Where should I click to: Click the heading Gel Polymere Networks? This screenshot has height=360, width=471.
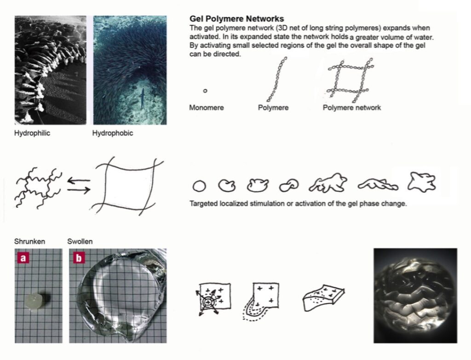click(x=237, y=19)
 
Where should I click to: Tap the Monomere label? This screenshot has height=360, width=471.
click(x=207, y=108)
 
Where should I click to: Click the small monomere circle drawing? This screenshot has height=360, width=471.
click(x=205, y=91)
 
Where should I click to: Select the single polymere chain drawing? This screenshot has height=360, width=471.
click(x=276, y=79)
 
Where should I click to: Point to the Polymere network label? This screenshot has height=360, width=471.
click(x=352, y=108)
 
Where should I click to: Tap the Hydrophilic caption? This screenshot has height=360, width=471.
click(x=32, y=133)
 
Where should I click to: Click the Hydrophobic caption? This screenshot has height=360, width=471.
click(x=113, y=133)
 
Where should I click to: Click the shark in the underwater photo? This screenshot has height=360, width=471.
click(x=142, y=98)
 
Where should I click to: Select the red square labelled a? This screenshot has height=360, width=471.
click(x=23, y=258)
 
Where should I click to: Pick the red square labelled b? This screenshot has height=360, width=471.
click(x=79, y=258)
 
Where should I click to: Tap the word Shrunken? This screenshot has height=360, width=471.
click(x=30, y=241)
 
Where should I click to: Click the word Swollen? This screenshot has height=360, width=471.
click(x=80, y=241)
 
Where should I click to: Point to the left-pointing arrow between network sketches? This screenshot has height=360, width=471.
click(x=79, y=180)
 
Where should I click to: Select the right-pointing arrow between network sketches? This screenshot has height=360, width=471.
click(x=79, y=190)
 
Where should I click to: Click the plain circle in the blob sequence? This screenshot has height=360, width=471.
click(x=199, y=186)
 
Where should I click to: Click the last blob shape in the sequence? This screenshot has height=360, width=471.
click(x=421, y=182)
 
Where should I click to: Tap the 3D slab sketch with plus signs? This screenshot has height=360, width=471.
click(x=323, y=297)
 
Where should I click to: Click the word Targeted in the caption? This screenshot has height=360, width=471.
click(x=203, y=203)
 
